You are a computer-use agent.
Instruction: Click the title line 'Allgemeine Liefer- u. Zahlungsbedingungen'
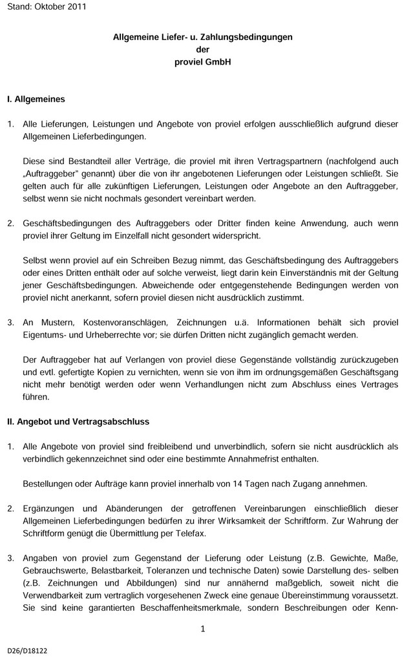[x=202, y=37]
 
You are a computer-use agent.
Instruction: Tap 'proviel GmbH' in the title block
[x=202, y=63]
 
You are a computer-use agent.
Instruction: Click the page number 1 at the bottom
[x=202, y=629]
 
